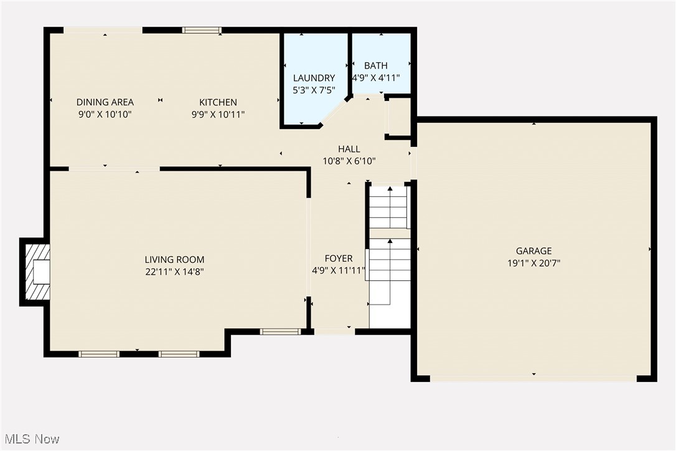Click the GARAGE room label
533,251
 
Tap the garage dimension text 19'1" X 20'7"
533,263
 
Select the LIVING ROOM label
174,259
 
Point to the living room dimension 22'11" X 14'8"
174,272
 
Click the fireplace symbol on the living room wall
37,272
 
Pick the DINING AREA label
105,102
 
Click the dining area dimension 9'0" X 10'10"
105,114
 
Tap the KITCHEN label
218,102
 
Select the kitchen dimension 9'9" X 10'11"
218,114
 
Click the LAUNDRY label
314,78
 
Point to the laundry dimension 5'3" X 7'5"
314,90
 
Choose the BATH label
375,65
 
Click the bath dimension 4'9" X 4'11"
375,78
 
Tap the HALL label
349,149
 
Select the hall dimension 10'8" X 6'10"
349,161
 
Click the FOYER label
339,259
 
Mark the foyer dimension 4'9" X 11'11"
339,270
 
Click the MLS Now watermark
31,439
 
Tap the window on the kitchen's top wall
202,30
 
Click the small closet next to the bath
399,117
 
